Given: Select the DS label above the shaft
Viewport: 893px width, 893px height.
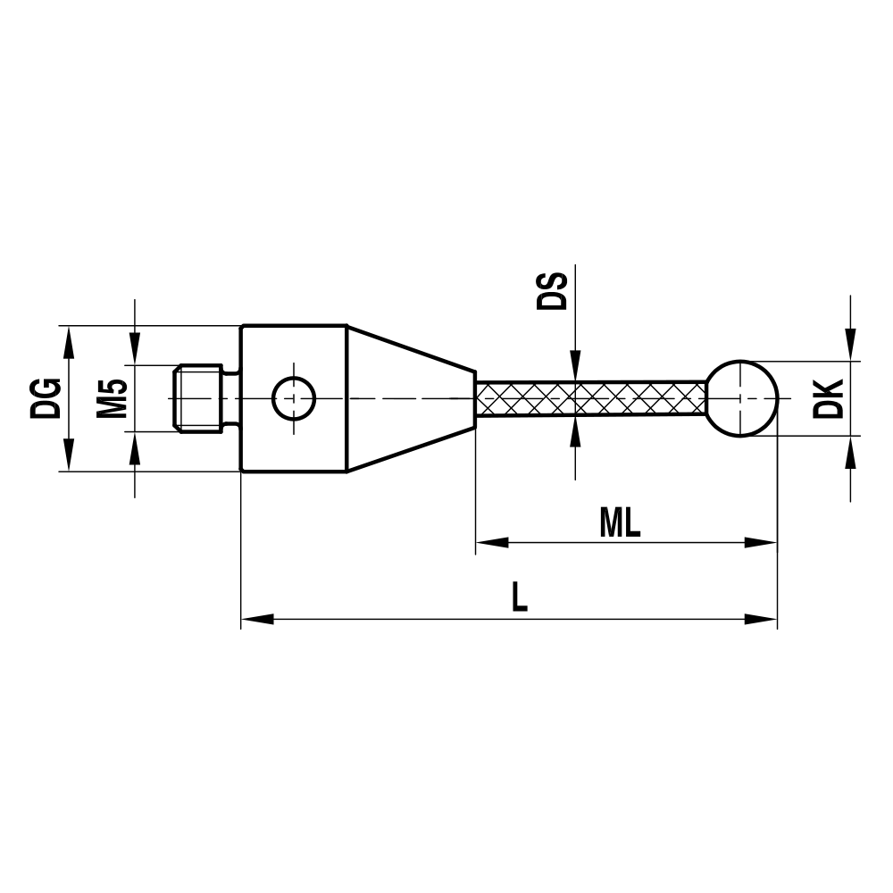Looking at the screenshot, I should click(552, 290).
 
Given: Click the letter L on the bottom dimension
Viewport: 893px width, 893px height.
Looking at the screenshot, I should click(519, 597).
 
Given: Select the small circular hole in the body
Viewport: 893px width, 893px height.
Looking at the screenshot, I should click(293, 398).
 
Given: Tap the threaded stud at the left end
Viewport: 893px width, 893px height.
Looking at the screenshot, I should click(197, 398).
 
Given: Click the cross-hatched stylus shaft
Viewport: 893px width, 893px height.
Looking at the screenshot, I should click(589, 398).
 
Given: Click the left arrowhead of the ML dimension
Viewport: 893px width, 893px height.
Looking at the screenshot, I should click(491, 542).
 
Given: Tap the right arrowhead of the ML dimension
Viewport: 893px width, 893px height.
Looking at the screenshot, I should click(761, 542).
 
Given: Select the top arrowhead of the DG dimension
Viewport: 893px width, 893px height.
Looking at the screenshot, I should click(69, 339).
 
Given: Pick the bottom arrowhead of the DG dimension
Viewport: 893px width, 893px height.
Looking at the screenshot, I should click(69, 456).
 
